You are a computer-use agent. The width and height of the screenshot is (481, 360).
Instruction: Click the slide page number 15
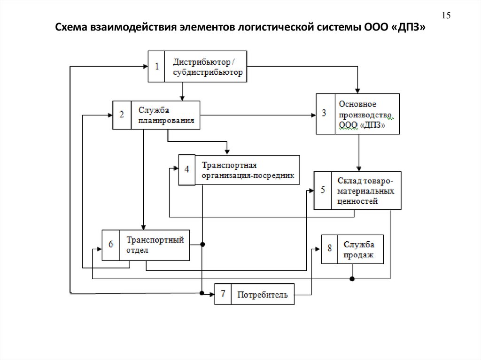coord(446,16)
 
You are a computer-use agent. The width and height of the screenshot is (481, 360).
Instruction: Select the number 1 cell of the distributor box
coord(157,67)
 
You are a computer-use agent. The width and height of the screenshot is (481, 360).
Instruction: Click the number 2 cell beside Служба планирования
coord(122,115)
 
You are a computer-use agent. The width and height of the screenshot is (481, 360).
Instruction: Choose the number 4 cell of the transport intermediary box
coord(186,169)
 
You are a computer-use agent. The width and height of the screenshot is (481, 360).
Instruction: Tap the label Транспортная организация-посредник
coord(247,170)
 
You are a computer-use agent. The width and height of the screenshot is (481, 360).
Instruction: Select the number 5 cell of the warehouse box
coord(323,190)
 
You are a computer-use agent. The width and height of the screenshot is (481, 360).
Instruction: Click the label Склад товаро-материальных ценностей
coord(365,191)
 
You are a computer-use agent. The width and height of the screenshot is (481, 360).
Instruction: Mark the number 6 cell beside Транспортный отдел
coord(111,245)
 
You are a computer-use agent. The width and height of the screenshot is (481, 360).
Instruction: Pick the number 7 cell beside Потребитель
coord(223,294)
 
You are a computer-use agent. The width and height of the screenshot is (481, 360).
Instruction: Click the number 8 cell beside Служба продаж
coord(330,249)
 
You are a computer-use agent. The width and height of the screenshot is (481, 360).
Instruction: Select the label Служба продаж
coord(359,249)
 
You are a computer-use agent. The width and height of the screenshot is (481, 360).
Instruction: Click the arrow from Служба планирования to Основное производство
coord(258,115)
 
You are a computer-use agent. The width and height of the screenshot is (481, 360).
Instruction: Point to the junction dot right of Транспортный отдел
coord(203,244)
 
